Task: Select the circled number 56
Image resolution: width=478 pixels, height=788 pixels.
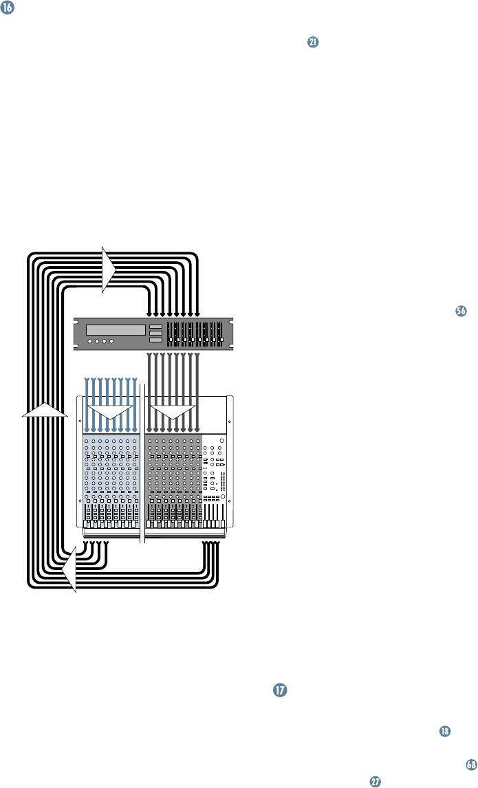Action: [461, 311]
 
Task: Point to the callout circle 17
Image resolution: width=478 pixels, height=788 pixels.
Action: [279, 688]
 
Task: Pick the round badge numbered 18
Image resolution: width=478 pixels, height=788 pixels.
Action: [446, 731]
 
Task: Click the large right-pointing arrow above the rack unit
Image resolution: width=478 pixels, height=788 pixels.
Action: [109, 270]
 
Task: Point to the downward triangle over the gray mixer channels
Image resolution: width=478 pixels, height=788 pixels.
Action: [173, 415]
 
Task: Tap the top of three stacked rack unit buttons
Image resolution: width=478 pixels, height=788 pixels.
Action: [155, 327]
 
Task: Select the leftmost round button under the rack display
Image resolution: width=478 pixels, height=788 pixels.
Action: [90, 341]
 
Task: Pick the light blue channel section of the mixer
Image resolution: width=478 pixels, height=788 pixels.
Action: [111, 474]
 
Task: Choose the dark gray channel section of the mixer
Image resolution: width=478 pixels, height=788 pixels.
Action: [173, 474]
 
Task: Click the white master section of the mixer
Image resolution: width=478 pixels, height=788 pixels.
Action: [217, 474]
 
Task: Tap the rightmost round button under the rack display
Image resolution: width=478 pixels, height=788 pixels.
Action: [111, 341]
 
